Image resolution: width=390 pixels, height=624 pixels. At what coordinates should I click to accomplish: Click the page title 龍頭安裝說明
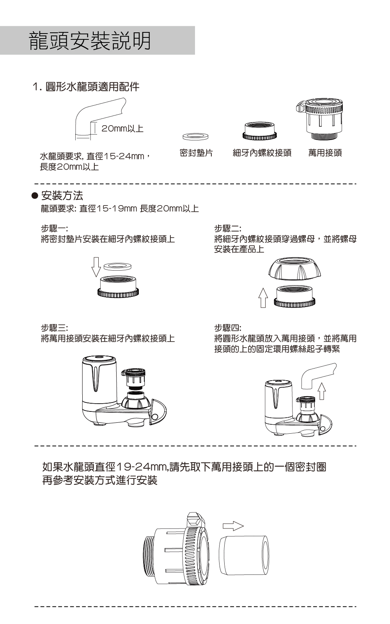(x=90, y=41)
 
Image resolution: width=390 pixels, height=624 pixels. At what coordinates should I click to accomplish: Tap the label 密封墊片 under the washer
(x=196, y=152)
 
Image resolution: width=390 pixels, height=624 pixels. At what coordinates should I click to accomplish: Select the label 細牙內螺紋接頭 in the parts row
(x=262, y=152)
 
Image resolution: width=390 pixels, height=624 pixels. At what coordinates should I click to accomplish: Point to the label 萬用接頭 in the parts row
(x=325, y=152)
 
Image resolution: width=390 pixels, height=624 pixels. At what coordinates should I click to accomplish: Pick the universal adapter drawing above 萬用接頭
(x=319, y=119)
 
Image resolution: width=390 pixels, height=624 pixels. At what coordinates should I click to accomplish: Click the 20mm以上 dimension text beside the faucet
(x=122, y=129)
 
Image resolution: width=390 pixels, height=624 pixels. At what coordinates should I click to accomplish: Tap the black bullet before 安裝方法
(x=35, y=196)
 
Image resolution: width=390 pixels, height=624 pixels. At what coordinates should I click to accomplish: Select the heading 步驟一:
(x=55, y=229)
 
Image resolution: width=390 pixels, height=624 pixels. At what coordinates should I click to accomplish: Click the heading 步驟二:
(x=228, y=229)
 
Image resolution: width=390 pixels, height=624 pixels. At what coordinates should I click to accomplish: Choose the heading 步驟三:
(x=55, y=328)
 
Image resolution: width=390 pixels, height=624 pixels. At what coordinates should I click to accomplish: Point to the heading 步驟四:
(x=228, y=328)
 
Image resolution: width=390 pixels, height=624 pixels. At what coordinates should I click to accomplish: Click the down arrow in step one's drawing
(x=96, y=267)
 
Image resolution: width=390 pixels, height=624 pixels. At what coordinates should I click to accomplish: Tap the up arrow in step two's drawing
(x=263, y=298)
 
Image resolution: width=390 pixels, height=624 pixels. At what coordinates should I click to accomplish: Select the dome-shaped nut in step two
(x=295, y=269)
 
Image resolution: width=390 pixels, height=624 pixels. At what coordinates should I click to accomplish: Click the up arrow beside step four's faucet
(x=322, y=391)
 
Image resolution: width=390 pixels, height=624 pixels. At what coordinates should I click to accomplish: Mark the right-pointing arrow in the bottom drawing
(x=233, y=526)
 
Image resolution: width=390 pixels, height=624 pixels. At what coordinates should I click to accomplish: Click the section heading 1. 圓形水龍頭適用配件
(x=86, y=87)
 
